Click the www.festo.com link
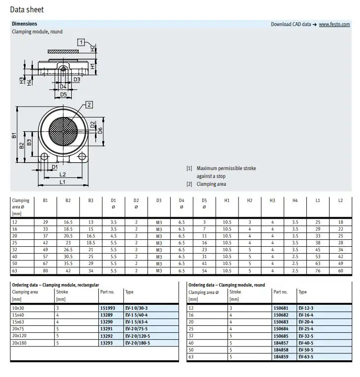tap(334, 24)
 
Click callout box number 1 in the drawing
tap(81, 42)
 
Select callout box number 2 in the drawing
tap(89, 105)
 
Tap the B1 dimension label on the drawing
tap(14, 135)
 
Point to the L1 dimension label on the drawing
tap(62, 182)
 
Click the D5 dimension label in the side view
tap(63, 94)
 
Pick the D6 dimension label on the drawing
tap(100, 131)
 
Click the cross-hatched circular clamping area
tap(63, 131)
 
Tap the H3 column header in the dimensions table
tap(272, 201)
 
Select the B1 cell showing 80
tap(45, 271)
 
